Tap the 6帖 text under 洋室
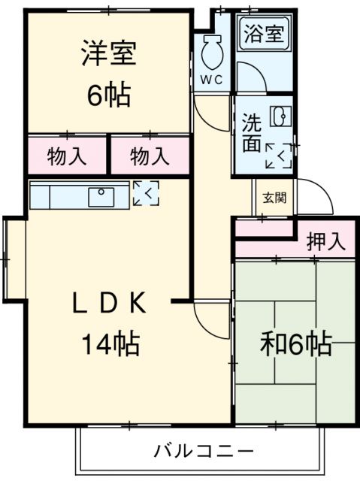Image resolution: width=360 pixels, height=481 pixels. (x=109, y=95)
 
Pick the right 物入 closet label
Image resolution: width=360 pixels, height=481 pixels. (x=150, y=157)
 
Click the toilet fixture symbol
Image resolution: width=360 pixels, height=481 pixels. (x=210, y=51)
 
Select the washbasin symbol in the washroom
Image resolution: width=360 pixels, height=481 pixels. (x=278, y=117)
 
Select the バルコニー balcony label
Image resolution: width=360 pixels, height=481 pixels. (x=204, y=452)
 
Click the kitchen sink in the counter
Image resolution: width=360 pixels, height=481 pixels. (x=101, y=197)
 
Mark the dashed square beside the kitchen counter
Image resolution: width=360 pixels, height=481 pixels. (x=146, y=193)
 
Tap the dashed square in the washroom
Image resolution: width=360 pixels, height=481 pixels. (x=278, y=156)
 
